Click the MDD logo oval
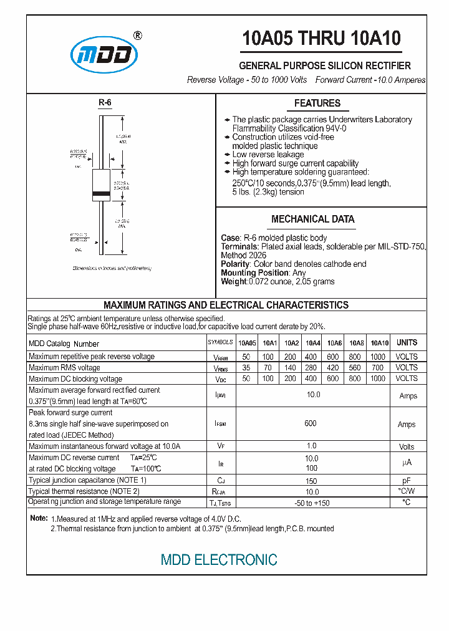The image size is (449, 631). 104,55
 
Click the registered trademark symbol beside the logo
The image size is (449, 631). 138,36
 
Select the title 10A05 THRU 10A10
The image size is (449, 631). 321,39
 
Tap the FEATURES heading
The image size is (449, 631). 317,104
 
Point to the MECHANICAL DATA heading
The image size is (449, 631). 312,219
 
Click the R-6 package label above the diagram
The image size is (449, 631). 104,103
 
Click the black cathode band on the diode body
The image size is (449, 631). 101,195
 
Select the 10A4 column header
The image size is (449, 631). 312,343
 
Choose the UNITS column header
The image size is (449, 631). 407,342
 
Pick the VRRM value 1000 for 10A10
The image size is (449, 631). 378,357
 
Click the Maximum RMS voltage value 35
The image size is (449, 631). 246,368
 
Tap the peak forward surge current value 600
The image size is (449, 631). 310,423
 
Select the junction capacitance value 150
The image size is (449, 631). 311,481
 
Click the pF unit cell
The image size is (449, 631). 406,481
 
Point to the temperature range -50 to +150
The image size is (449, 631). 312,503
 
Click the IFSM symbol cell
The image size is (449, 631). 220,424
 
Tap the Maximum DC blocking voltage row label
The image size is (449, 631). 75,379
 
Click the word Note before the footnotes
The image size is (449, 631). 39,519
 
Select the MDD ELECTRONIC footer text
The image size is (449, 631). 219,560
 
